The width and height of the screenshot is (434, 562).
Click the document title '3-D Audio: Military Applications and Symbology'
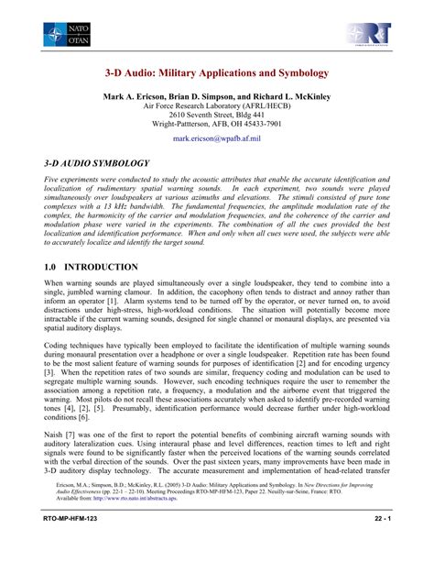217,72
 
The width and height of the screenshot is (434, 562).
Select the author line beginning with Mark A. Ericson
217,95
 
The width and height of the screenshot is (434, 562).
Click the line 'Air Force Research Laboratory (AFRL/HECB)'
217,105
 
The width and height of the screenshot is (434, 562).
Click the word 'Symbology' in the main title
300,72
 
